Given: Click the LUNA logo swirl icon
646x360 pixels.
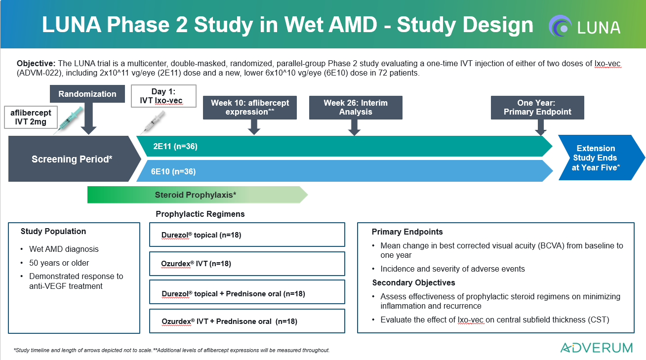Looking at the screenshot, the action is (560, 26).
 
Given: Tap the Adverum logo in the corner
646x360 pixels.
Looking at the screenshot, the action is (597, 348).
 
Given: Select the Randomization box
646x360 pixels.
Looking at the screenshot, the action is (87, 94).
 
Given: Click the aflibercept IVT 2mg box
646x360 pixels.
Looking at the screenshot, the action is (31, 117).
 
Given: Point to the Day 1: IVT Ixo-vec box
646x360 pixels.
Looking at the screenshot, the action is (163, 96).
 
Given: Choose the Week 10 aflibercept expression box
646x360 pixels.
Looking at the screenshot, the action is (250, 107).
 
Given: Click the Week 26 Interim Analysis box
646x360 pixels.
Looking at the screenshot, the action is (356, 107).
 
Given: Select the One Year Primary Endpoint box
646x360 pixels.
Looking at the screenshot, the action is (537, 107).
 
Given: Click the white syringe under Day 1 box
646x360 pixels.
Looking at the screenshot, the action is (153, 122).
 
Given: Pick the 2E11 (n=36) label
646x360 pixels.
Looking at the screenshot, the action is (175, 146).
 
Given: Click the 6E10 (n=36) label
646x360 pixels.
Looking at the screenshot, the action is (173, 171).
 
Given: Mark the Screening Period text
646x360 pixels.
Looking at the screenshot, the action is (72, 159).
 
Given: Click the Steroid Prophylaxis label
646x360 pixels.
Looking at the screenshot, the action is (196, 195).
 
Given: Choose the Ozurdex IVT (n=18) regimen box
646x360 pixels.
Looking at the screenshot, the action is (247, 264).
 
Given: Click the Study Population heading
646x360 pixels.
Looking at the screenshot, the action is (53, 231).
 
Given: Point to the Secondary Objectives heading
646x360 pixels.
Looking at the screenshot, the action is (413, 282).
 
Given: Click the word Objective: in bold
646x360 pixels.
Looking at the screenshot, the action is (36, 64).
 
